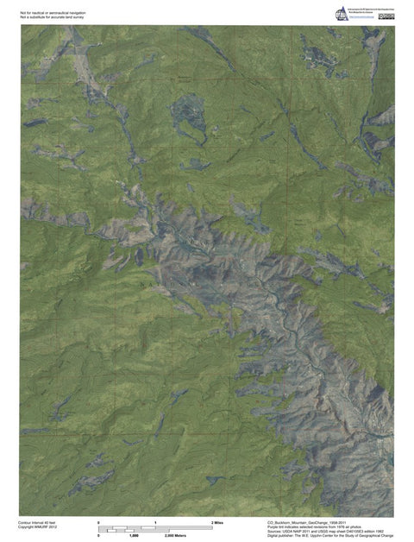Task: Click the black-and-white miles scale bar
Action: pyautogui.click(x=155, y=528)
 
